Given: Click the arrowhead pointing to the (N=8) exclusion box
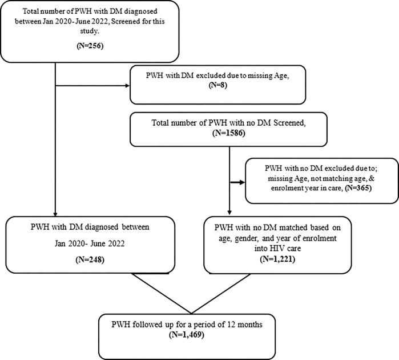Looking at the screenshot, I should pyautogui.click(x=127, y=87).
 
